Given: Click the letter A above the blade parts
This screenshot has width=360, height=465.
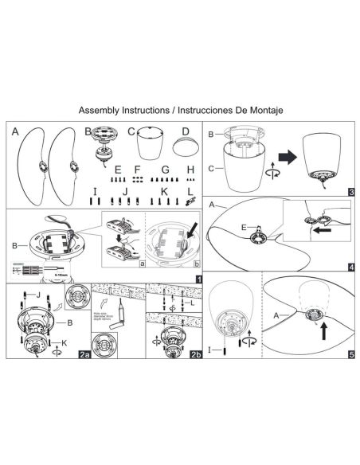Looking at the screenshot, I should point(15,132).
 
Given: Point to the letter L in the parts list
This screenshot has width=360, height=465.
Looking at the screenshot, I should point(190,192).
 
